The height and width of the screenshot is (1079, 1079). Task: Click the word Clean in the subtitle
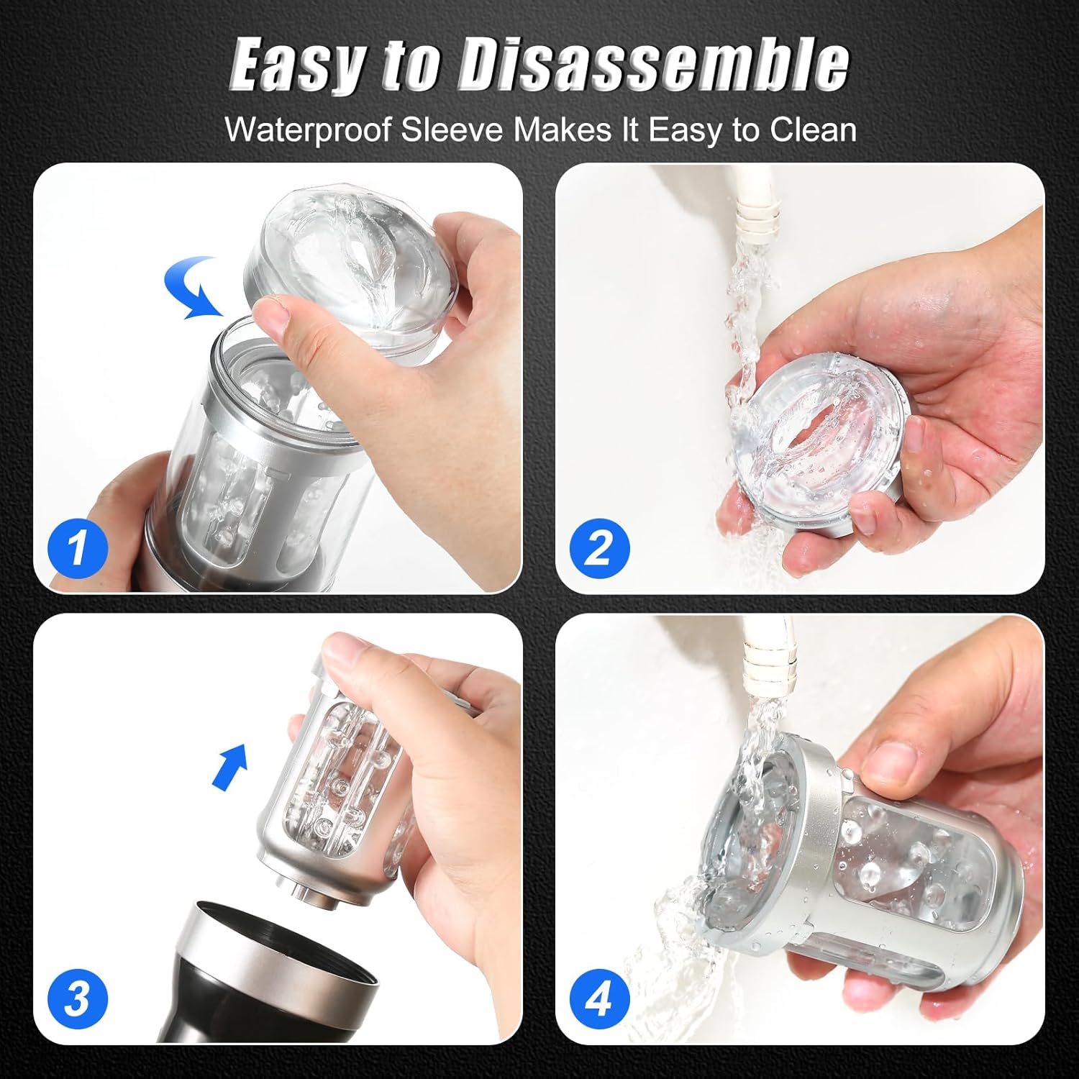click(x=813, y=129)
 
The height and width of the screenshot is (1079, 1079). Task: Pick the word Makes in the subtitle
click(x=558, y=129)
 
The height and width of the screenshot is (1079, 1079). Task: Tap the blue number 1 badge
click(x=78, y=550)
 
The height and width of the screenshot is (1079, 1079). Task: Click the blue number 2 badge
click(x=599, y=549)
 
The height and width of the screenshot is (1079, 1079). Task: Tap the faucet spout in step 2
click(x=758, y=209)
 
